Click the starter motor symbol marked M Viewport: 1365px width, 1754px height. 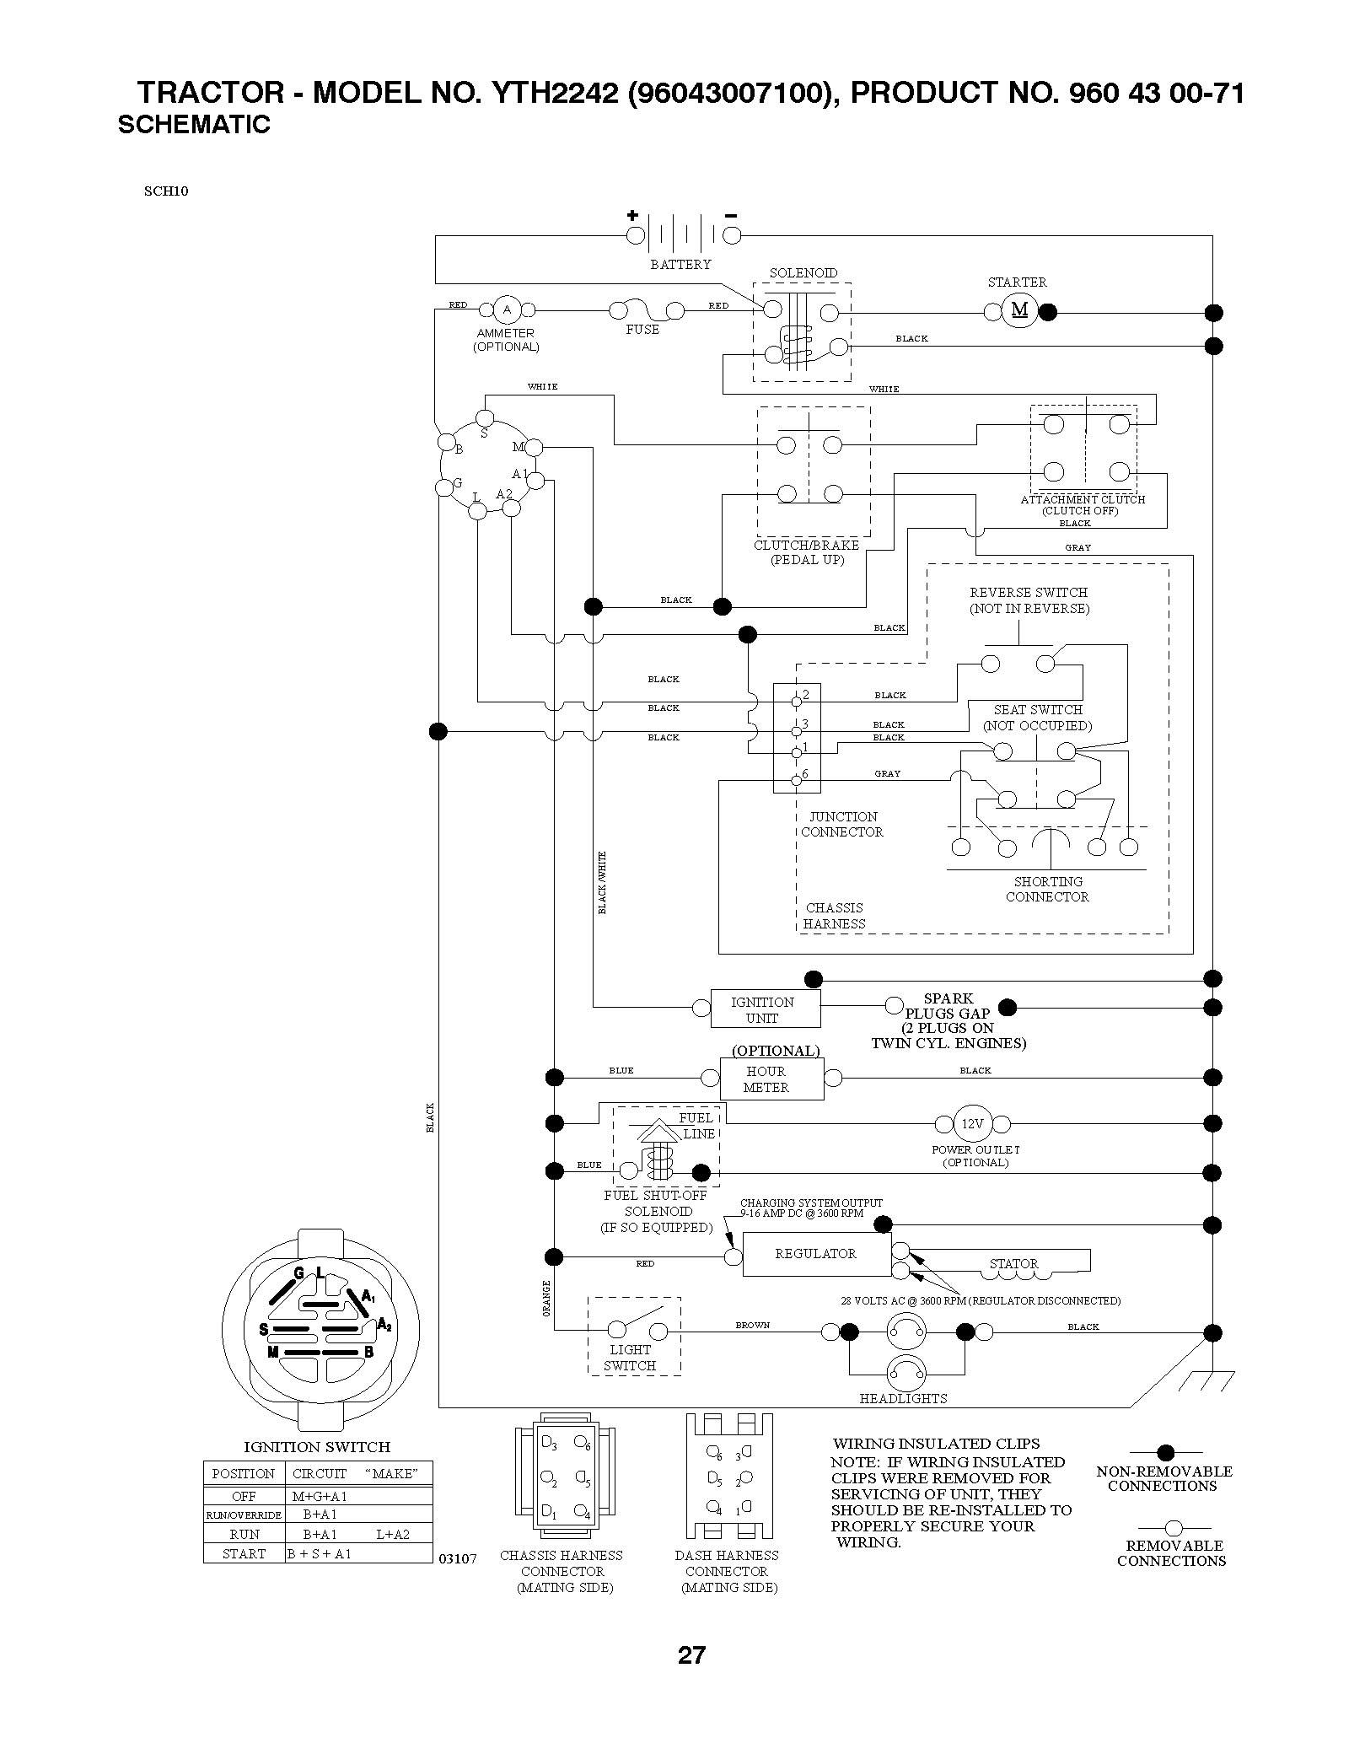click(1019, 311)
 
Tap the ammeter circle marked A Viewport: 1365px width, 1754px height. click(507, 310)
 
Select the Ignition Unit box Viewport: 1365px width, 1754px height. click(765, 1009)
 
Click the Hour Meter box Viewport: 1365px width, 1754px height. click(771, 1079)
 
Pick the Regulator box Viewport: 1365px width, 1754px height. click(816, 1254)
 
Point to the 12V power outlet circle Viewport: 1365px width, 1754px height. click(972, 1124)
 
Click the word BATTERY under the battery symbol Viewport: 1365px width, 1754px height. click(680, 265)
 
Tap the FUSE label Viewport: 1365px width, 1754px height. click(642, 330)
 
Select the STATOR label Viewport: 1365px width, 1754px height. click(1013, 1263)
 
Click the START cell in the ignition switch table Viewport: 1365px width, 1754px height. click(245, 1553)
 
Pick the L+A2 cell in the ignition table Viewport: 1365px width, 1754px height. click(393, 1534)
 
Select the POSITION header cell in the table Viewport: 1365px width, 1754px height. click(244, 1473)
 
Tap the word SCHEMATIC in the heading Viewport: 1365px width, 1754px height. click(194, 125)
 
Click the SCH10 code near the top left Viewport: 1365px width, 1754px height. click(166, 191)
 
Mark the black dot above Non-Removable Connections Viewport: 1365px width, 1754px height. click(1165, 1452)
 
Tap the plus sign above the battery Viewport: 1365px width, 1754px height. click(632, 215)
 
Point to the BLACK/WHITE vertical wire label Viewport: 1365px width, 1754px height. click(602, 883)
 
